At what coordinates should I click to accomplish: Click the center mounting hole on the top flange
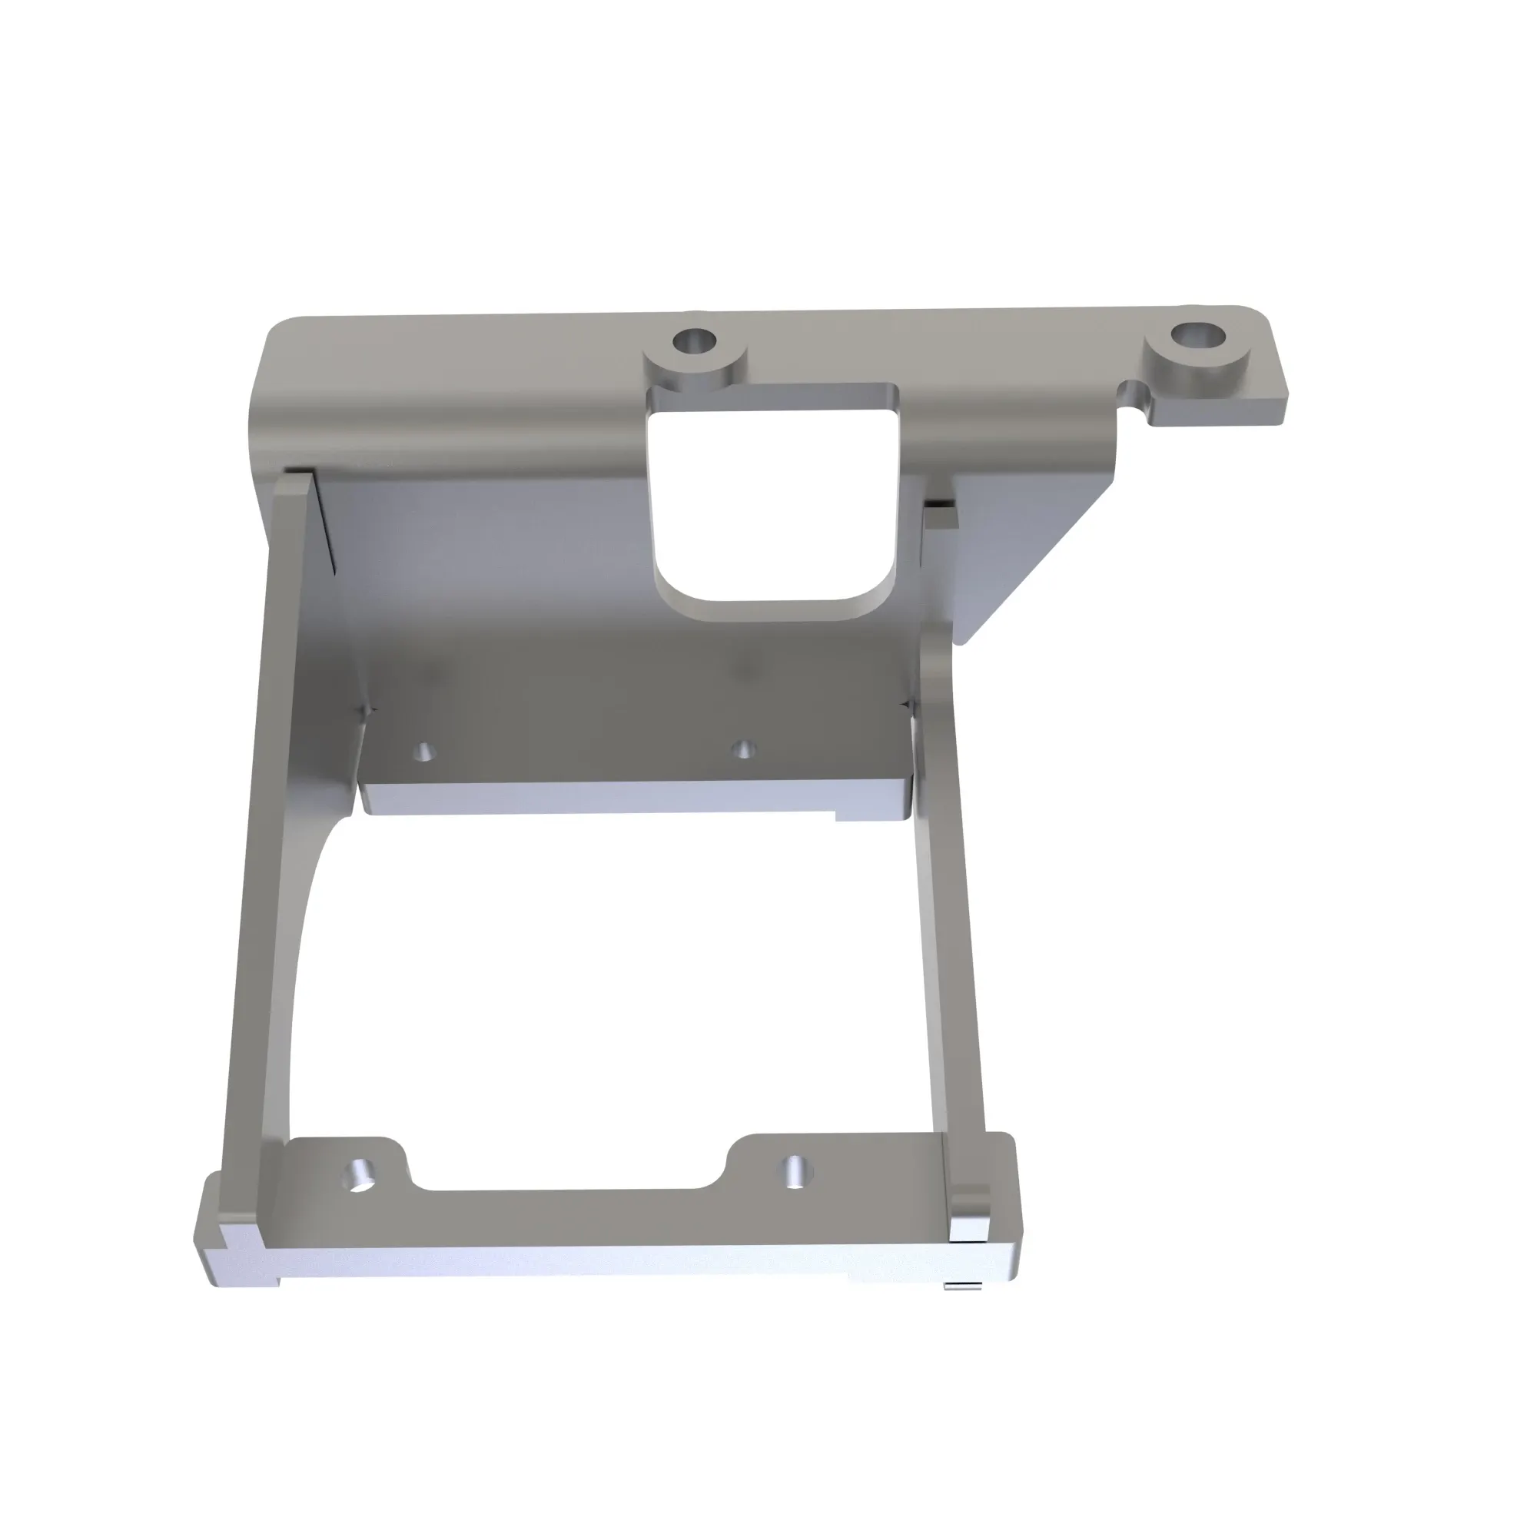coord(693,344)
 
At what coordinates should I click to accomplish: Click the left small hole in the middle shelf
coord(427,751)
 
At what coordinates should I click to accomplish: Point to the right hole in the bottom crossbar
coord(796,1170)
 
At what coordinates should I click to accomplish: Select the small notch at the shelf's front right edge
coord(840,815)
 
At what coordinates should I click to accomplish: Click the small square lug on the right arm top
coord(941,518)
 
